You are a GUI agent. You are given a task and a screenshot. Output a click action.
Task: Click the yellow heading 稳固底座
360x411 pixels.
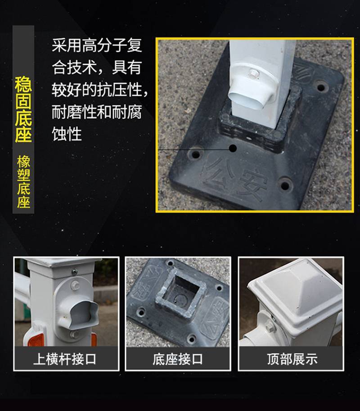pyautogui.click(x=23, y=109)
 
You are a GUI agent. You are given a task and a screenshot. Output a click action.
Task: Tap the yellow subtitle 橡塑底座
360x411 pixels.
pyautogui.click(x=23, y=182)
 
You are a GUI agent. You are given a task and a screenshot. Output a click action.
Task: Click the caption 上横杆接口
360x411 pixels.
pyautogui.click(x=65, y=359)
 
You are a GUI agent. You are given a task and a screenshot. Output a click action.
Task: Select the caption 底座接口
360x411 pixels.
pyautogui.click(x=178, y=359)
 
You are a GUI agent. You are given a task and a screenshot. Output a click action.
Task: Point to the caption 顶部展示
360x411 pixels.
pyautogui.click(x=292, y=359)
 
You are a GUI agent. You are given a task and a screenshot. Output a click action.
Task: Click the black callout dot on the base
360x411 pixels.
pyautogui.click(x=233, y=149)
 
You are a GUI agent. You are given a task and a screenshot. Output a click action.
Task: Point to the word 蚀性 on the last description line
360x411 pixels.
pyautogui.click(x=67, y=135)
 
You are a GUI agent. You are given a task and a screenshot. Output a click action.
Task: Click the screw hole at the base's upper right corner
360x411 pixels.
pyautogui.click(x=321, y=87)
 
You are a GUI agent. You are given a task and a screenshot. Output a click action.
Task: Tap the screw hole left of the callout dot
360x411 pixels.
pyautogui.click(x=196, y=154)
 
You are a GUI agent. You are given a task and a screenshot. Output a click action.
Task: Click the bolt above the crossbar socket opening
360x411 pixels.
pyautogui.click(x=76, y=284)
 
